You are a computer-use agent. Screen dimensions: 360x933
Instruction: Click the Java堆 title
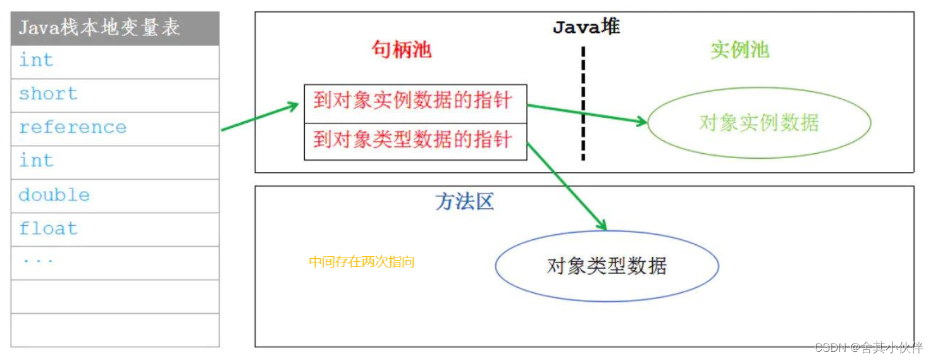[586, 27]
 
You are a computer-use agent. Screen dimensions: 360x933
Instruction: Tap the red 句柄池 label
[402, 50]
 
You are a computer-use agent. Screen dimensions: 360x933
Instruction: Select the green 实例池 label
[739, 50]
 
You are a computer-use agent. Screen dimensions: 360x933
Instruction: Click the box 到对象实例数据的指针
[415, 101]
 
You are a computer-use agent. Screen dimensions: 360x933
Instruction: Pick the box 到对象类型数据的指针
[415, 140]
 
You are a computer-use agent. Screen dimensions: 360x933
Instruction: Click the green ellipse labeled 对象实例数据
[758, 123]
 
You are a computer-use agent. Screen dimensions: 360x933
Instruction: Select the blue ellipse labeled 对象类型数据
[607, 266]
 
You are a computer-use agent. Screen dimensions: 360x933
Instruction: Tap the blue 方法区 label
[464, 202]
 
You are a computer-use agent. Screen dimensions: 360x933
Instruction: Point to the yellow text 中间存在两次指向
[361, 262]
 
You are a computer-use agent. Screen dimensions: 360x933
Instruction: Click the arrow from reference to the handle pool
[259, 118]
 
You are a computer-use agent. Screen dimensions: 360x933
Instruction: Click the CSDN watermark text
[868, 347]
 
